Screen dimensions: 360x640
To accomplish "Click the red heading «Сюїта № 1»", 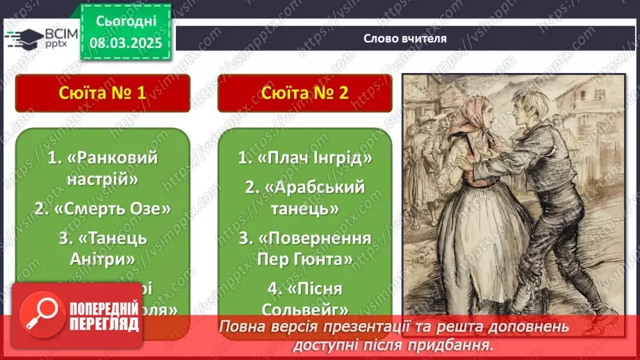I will click(102, 93).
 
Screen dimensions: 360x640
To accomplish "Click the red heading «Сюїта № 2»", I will click(304, 93).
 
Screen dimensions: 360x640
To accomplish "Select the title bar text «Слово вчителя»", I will click(405, 39).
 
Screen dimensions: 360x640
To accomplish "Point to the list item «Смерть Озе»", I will click(102, 208).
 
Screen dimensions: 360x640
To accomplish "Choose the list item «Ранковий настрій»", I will click(102, 167).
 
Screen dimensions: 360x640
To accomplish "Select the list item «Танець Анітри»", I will click(102, 248).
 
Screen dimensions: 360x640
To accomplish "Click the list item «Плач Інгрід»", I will click(304, 158).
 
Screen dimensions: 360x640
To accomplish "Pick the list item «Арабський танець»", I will click(304, 197).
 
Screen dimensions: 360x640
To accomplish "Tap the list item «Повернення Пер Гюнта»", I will click(304, 248).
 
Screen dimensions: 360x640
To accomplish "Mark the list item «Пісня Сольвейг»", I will click(304, 298).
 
